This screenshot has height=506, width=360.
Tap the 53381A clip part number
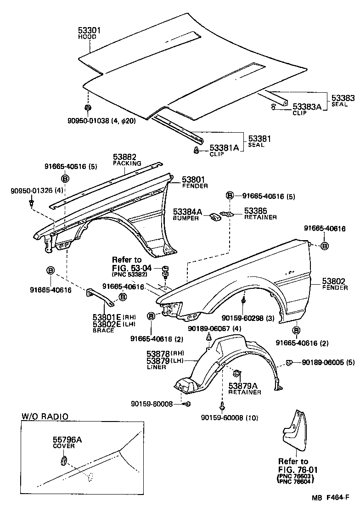click(225, 148)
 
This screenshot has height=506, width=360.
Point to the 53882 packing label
click(124, 157)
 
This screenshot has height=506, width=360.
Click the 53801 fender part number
click(195, 180)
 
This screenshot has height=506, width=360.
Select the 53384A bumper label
click(187, 212)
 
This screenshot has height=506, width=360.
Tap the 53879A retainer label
click(245, 386)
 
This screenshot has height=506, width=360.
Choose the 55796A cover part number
click(67, 439)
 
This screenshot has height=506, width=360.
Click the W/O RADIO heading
click(45, 416)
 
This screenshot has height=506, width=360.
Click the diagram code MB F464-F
click(330, 497)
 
